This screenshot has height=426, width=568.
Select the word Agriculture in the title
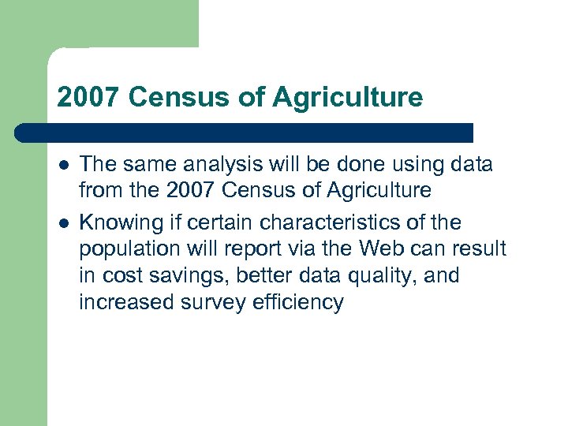tap(347, 98)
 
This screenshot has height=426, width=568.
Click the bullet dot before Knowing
tap(62, 222)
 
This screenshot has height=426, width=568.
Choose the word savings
tap(185, 276)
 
